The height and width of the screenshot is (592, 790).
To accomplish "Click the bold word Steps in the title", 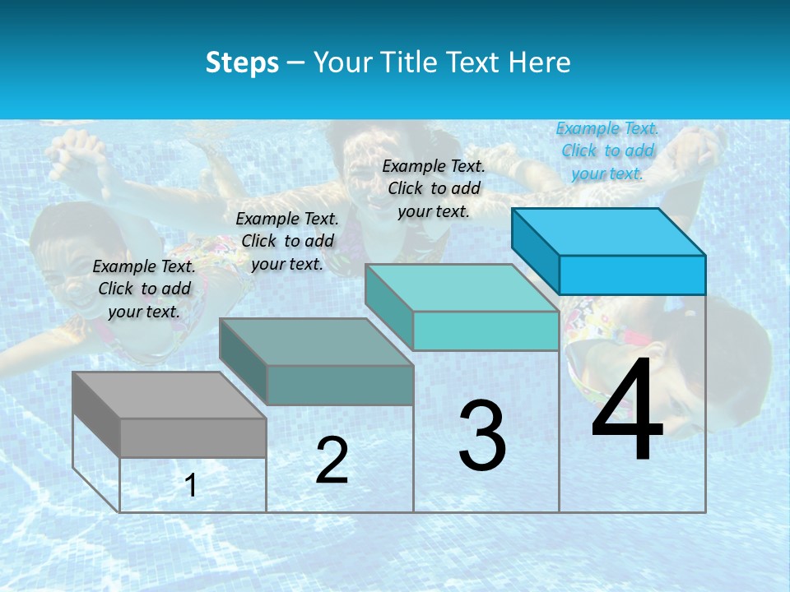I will pos(242,62).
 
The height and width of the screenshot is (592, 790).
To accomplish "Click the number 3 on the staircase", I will pos(482,436).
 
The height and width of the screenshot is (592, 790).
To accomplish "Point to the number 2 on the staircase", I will pos(332,460).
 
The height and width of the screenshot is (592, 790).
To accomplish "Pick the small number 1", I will pos(191,485).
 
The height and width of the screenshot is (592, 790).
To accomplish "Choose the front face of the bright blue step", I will pos(632,275).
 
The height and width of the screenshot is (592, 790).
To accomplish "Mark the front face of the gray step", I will pos(193,437).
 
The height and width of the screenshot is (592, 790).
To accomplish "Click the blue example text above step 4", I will pos(607,150).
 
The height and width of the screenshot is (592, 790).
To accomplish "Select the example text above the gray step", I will pos(144,289).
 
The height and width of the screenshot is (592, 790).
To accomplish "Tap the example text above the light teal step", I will pos(434,188).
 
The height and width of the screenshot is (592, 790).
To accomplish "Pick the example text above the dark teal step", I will pos(287,241).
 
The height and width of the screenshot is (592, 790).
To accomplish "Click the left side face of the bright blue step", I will pos(535,251).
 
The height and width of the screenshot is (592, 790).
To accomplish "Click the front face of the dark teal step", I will pos(340,385).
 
